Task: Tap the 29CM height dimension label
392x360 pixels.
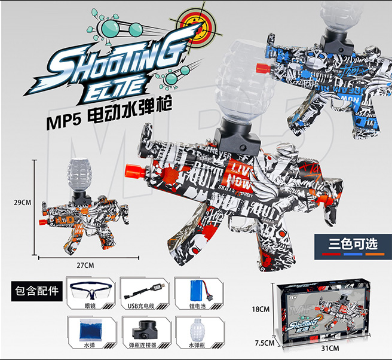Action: (22, 202)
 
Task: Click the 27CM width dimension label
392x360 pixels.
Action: (85, 264)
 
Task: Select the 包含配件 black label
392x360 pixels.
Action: (37, 291)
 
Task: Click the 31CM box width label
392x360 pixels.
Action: (331, 347)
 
